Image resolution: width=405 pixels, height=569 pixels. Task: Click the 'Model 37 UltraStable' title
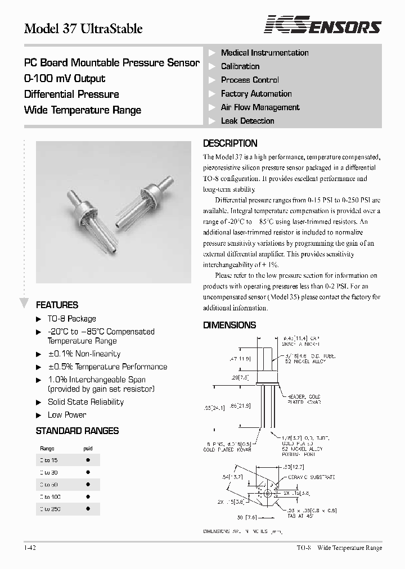[x=83, y=28]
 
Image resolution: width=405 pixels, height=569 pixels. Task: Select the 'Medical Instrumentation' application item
[x=264, y=53]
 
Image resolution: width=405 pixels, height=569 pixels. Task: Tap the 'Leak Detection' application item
[x=247, y=121]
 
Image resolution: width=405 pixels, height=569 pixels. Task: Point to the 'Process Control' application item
[x=250, y=80]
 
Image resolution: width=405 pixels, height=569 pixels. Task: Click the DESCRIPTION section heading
[x=230, y=143]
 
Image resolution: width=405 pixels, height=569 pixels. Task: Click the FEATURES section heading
[x=57, y=305]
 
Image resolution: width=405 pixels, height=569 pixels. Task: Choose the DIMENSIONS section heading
[x=229, y=325]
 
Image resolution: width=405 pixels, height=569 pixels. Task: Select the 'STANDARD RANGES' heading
[x=77, y=431]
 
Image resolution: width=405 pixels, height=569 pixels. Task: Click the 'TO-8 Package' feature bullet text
[x=71, y=319]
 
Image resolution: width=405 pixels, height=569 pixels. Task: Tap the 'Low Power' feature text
[x=67, y=415]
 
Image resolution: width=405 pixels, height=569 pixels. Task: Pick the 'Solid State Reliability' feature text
[x=85, y=402]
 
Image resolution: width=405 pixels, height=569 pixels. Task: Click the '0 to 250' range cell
[x=50, y=509]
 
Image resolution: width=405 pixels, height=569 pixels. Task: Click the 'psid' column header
[x=88, y=449]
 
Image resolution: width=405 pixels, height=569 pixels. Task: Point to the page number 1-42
[x=30, y=548]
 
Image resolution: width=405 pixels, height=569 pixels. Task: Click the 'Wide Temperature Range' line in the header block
[x=83, y=110]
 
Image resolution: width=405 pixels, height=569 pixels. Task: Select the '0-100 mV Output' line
[x=65, y=79]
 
